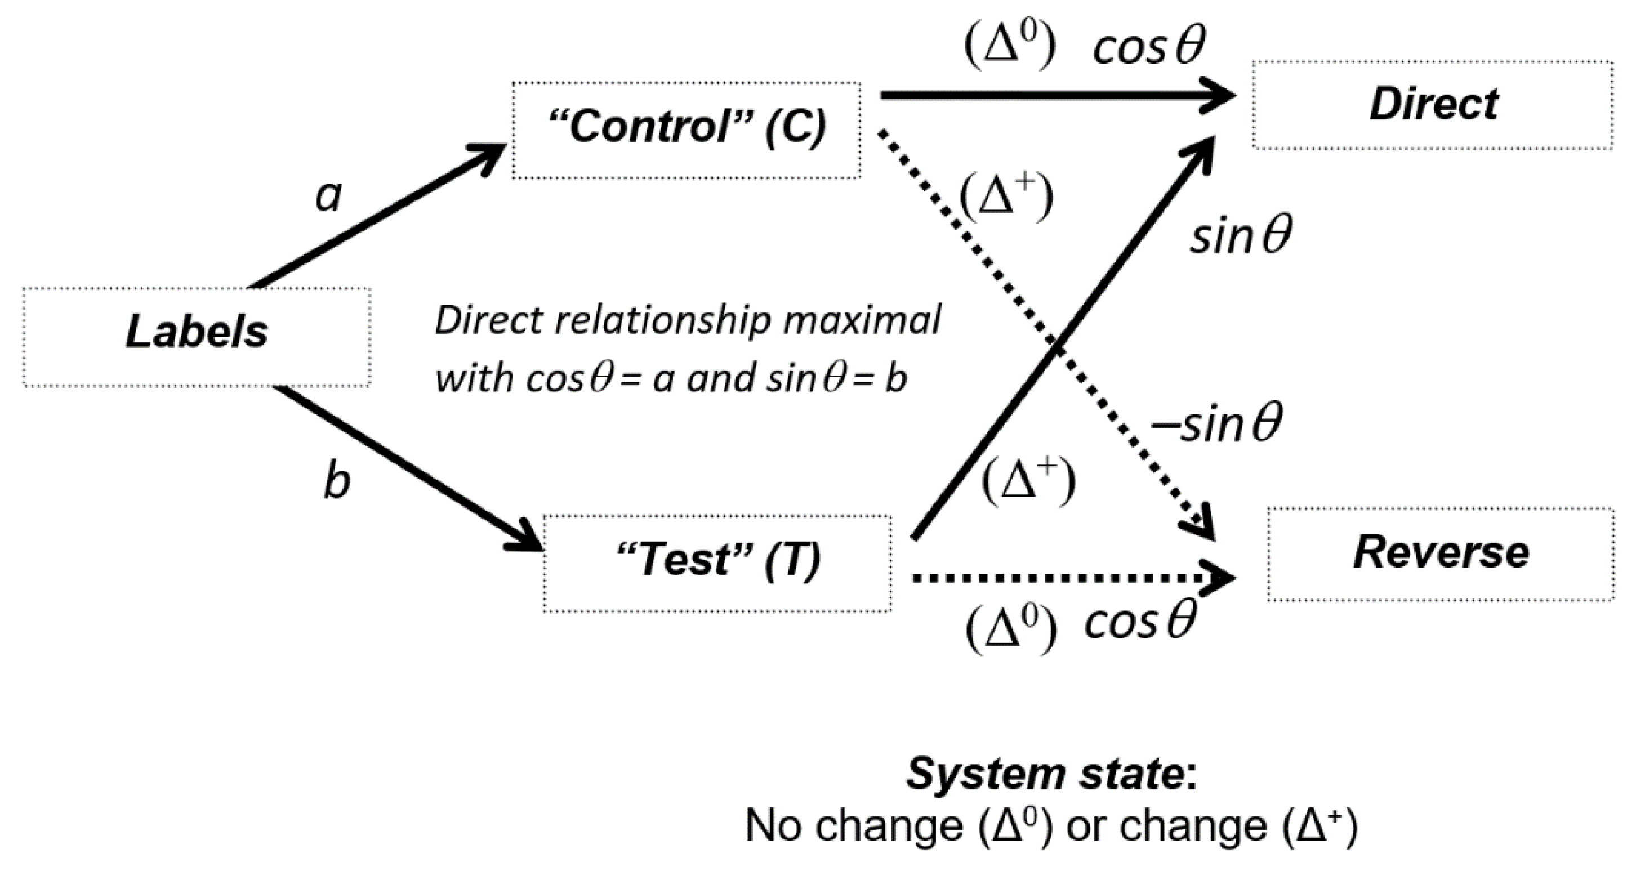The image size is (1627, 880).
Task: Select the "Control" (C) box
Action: click(686, 129)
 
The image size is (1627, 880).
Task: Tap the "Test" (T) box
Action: click(717, 562)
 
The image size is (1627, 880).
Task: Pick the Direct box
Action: click(1433, 105)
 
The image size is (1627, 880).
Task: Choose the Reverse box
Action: click(1441, 553)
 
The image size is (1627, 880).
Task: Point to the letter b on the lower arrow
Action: click(336, 483)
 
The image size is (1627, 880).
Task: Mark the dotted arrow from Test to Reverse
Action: click(1061, 577)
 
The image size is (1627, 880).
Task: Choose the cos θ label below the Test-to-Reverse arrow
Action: click(1140, 622)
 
